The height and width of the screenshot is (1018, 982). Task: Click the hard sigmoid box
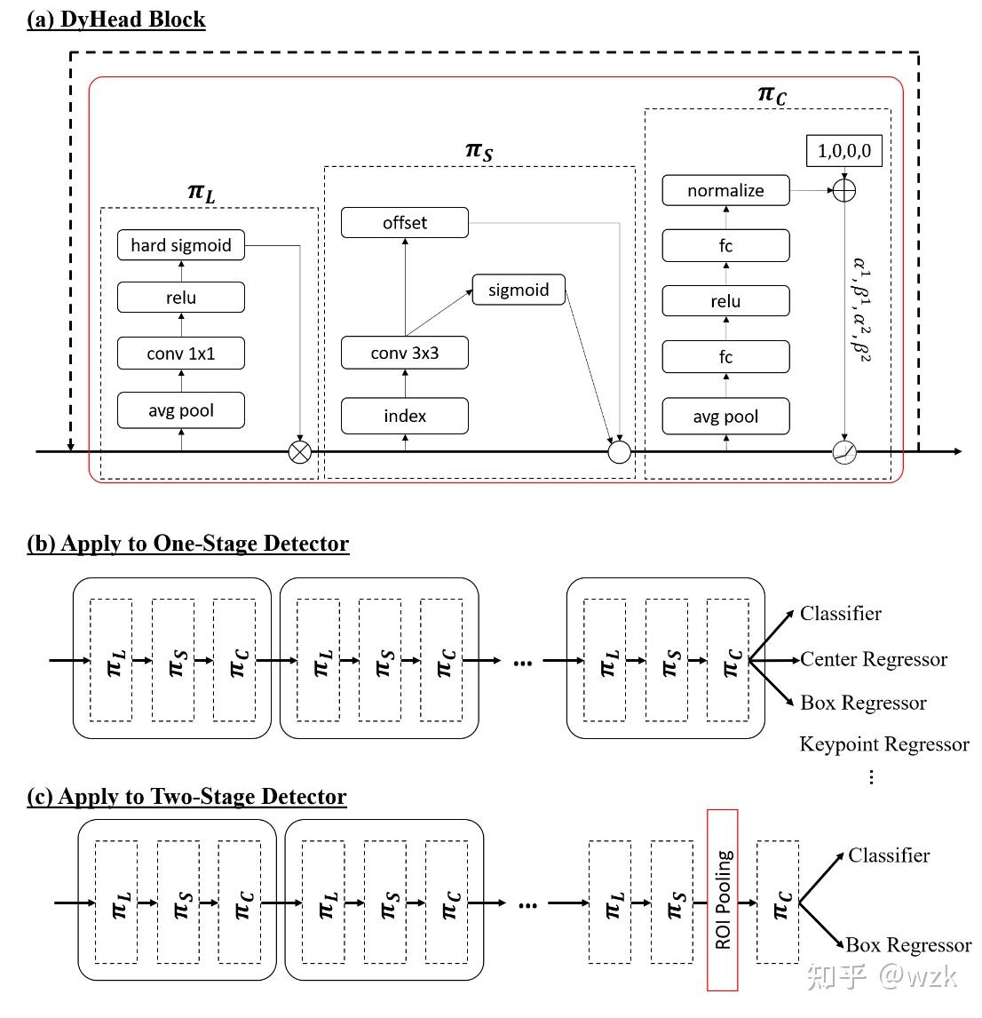tap(180, 245)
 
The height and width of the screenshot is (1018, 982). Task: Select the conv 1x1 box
tap(180, 354)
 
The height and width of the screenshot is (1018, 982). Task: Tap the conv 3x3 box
tap(405, 353)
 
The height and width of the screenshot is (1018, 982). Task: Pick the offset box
tap(405, 222)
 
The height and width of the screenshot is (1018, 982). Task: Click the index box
tap(405, 416)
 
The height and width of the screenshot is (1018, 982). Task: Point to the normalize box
tap(725, 190)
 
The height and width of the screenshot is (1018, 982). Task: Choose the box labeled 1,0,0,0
tap(843, 151)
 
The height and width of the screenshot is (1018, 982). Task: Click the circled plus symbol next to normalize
tap(843, 190)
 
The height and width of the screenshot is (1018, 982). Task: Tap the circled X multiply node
tap(300, 452)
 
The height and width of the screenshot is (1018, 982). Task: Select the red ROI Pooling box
tap(723, 899)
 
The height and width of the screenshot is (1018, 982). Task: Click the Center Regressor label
tap(873, 659)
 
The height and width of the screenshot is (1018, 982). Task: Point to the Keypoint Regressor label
tap(883, 744)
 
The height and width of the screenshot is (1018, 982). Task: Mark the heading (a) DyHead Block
tap(116, 20)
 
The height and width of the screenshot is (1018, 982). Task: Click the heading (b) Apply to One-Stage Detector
tap(188, 544)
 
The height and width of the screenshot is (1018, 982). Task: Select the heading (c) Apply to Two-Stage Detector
tap(186, 796)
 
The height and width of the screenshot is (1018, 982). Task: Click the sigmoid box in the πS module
tap(519, 290)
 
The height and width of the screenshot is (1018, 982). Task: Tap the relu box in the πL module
tap(180, 298)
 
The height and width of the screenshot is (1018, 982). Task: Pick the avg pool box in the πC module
tap(725, 417)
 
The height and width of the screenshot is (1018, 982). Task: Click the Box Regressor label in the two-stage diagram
tap(907, 944)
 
